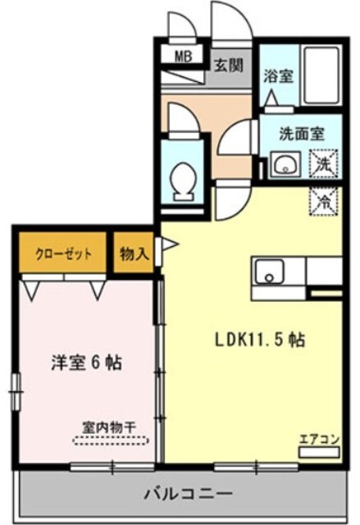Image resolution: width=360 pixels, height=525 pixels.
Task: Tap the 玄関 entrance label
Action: pos(230,66)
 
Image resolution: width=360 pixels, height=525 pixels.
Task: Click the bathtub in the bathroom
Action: pos(320,76)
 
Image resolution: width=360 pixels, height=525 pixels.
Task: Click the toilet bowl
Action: pos(183,179)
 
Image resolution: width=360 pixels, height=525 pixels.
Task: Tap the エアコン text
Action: pos(318,437)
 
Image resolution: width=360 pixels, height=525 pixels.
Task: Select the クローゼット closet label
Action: pos(63,253)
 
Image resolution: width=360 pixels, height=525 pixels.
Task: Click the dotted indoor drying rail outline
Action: pos(112,441)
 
